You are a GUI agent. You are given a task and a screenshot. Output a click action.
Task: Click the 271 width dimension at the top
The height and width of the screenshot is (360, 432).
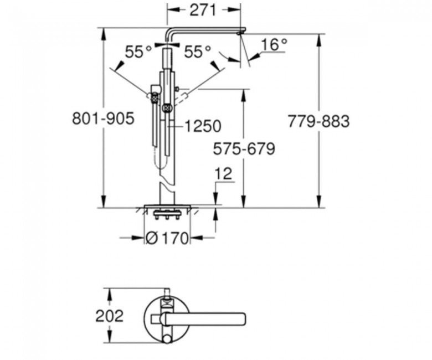203,11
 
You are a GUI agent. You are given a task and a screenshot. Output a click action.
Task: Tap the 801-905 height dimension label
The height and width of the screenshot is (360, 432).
103,119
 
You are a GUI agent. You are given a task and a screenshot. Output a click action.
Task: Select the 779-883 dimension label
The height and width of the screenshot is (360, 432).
318,121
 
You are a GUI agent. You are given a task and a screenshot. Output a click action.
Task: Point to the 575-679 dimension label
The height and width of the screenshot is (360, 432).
244,149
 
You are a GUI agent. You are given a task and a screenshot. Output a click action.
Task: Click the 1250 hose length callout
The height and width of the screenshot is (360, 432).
203,126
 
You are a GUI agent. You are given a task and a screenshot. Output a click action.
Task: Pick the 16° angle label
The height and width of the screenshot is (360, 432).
274,44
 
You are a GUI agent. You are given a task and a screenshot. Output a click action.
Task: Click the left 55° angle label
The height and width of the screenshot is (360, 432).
138,52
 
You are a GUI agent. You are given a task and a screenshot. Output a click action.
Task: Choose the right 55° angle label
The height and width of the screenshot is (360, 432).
197,52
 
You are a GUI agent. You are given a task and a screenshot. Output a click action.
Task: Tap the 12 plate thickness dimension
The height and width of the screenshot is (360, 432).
223,174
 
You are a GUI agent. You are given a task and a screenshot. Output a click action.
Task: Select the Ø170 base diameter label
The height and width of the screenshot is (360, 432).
167,238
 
